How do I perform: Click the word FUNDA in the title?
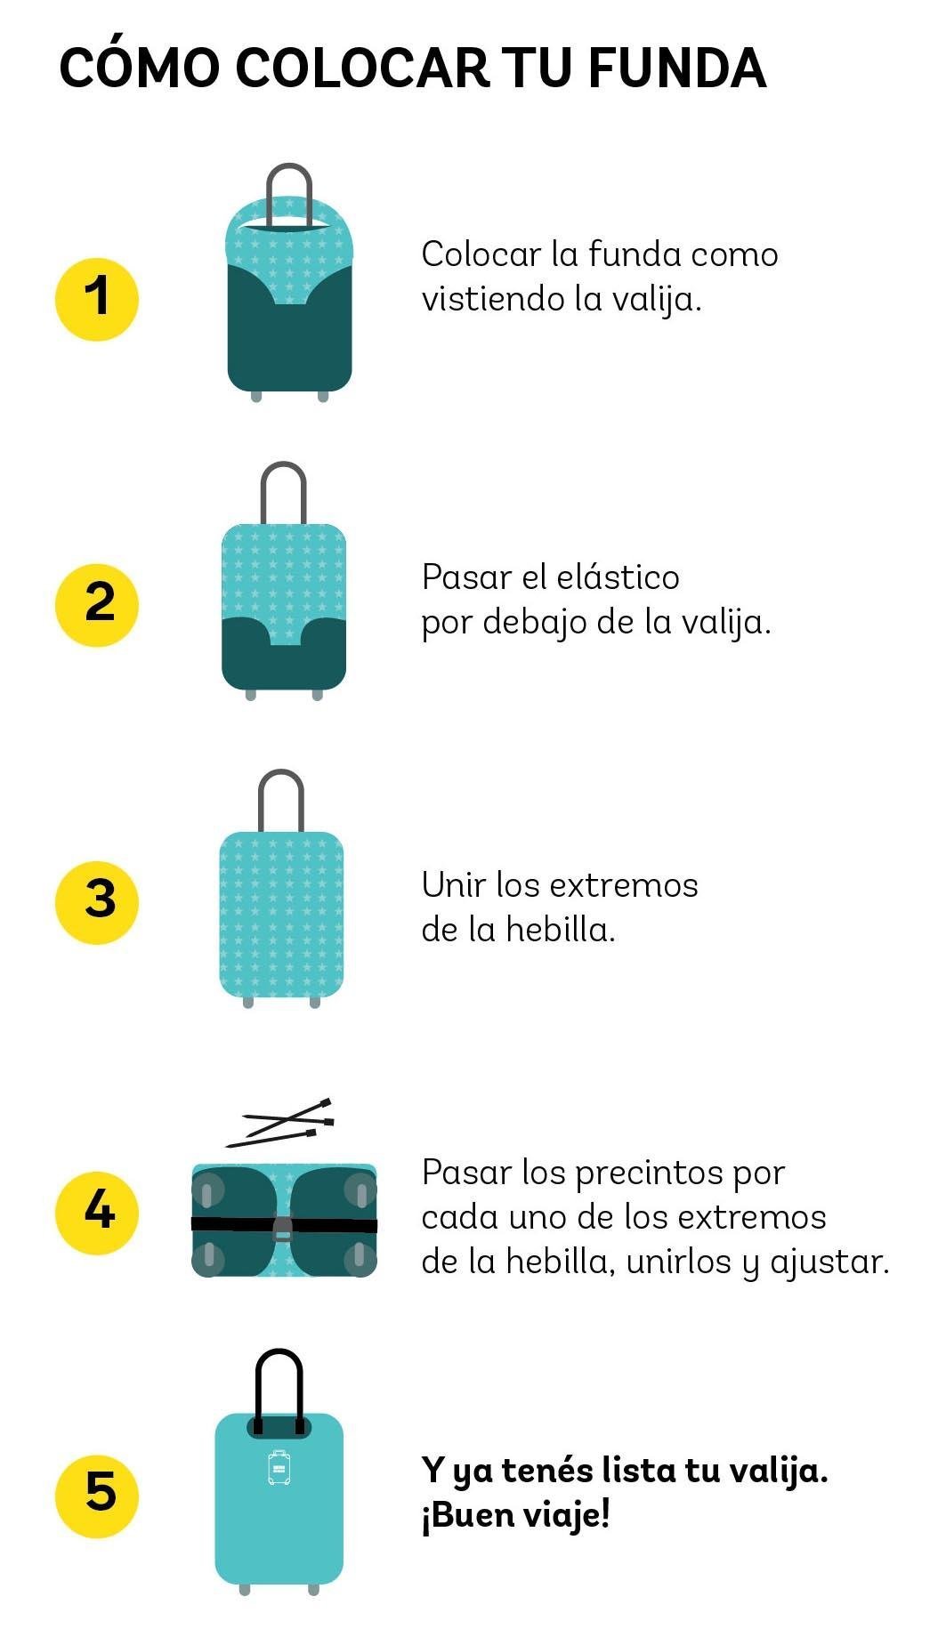[676, 69]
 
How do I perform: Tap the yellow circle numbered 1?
[97, 299]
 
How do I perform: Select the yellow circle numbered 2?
[97, 605]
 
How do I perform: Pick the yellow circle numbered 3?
[97, 901]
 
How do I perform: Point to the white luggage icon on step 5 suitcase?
[279, 1467]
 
